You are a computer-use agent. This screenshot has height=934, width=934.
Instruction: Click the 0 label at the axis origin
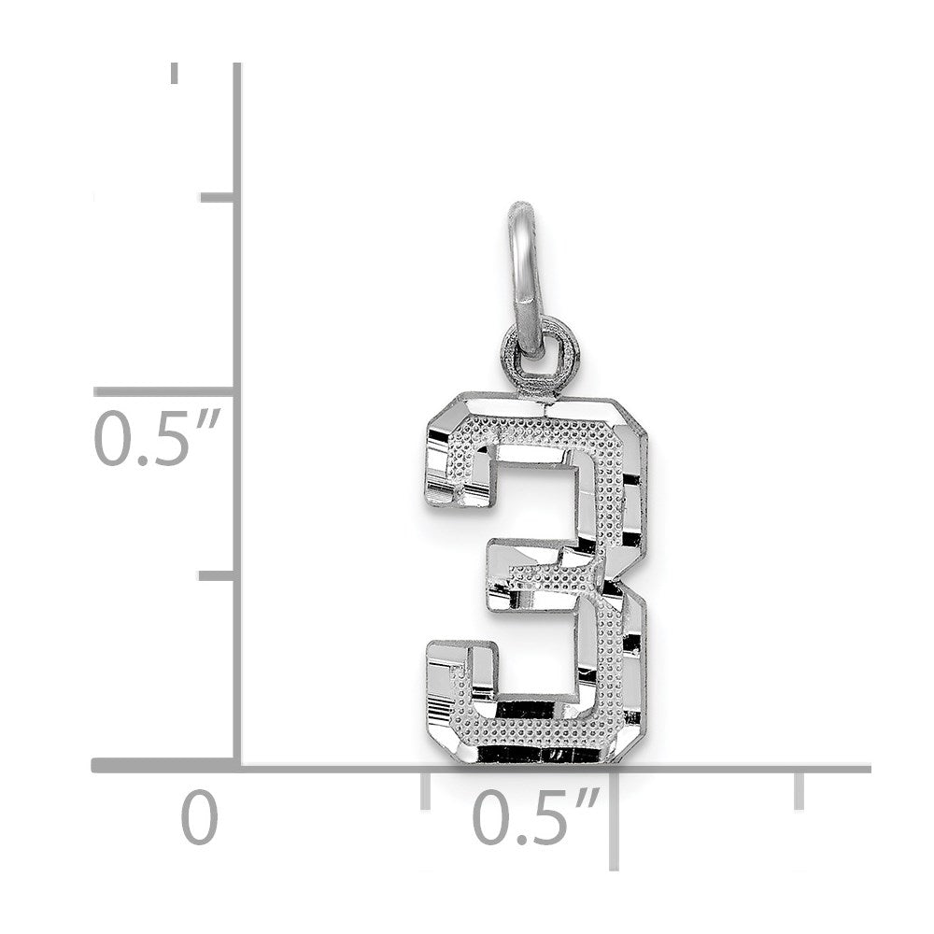(199, 816)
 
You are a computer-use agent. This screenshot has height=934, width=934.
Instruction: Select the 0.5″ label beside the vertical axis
(157, 436)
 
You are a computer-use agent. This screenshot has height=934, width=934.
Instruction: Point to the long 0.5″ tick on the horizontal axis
(615, 820)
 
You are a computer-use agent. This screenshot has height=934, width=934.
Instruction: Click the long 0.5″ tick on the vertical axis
(163, 391)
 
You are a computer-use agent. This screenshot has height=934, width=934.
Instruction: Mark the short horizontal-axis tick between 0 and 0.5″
(425, 790)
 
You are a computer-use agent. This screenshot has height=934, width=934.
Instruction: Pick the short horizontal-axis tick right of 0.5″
(799, 790)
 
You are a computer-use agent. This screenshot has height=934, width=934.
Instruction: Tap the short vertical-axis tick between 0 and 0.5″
(216, 575)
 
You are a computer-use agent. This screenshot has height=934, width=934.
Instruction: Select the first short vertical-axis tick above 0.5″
(217, 198)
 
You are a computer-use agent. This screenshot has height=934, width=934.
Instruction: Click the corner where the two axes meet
(236, 766)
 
